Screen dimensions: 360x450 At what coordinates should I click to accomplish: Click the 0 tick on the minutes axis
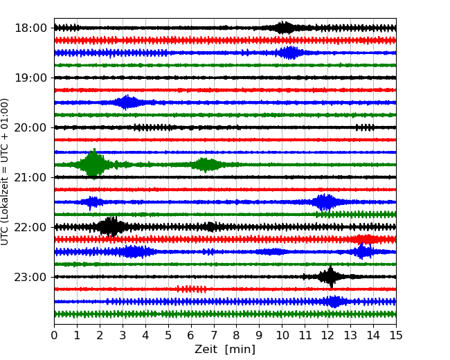click(54, 336)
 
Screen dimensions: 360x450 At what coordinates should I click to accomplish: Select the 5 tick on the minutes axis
click(168, 336)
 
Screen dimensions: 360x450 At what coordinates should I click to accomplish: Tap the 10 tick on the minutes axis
click(282, 336)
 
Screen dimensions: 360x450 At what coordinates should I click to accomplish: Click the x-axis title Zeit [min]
click(224, 350)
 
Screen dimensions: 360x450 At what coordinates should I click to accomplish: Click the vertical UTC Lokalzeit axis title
click(6, 171)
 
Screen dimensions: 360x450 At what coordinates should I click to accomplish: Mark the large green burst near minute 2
click(93, 164)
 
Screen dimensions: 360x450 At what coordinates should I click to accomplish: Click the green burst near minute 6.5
click(204, 164)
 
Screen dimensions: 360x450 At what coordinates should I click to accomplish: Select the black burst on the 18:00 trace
click(284, 28)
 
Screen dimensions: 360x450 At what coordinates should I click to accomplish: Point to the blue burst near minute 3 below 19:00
click(127, 102)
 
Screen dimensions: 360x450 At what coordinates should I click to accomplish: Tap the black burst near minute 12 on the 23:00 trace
click(330, 276)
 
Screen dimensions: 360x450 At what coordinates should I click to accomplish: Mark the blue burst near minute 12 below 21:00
click(323, 202)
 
